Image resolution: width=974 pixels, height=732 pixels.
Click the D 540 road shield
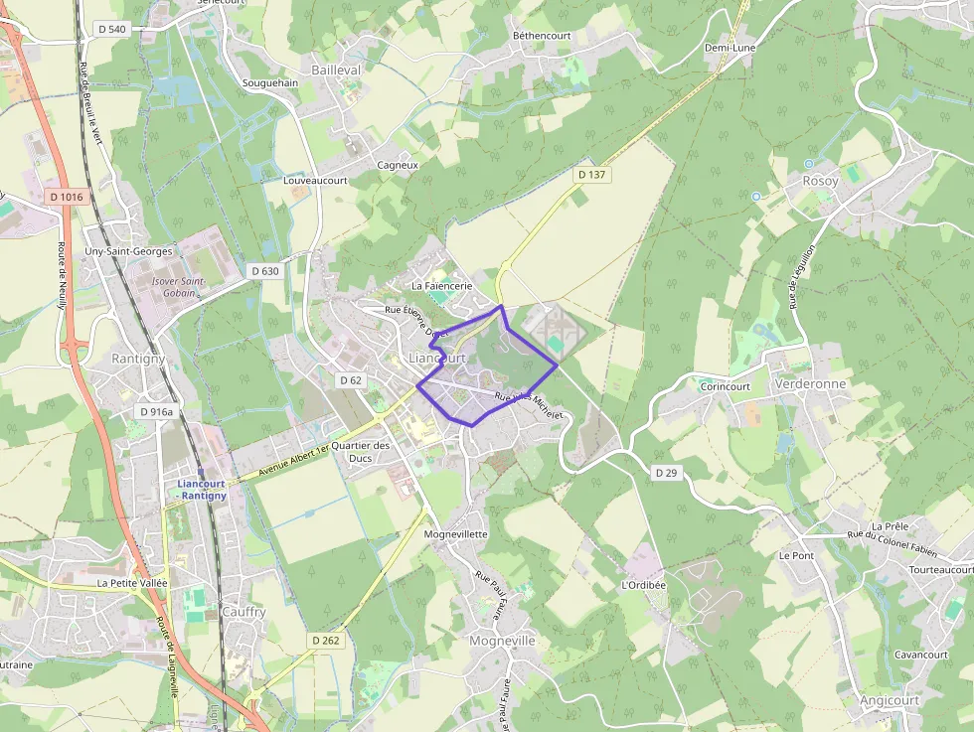pos(112,29)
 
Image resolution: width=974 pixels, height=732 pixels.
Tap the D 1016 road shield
pos(66,197)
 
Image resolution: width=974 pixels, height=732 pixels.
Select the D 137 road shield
pos(591,175)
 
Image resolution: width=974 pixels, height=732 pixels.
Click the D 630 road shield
pos(265,270)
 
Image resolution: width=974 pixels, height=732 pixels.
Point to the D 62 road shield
pos(351,380)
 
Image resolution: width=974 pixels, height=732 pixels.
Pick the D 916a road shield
pos(156,411)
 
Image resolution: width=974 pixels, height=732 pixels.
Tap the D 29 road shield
pos(666,473)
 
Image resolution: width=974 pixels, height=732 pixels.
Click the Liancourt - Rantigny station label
pos(202,490)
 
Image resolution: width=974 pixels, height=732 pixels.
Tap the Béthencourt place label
pos(544,35)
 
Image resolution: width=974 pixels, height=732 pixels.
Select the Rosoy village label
pos(820,181)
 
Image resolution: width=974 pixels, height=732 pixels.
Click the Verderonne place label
pos(809,384)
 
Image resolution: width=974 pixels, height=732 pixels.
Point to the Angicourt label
pos(890,700)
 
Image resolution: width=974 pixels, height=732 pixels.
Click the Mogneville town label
pos(502,641)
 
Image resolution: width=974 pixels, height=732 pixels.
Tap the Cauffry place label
pos(243,612)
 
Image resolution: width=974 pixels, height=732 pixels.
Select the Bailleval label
pos(336,71)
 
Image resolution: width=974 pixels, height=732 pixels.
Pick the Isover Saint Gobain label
pos(178,287)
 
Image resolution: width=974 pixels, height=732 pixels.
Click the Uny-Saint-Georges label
pos(128,252)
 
